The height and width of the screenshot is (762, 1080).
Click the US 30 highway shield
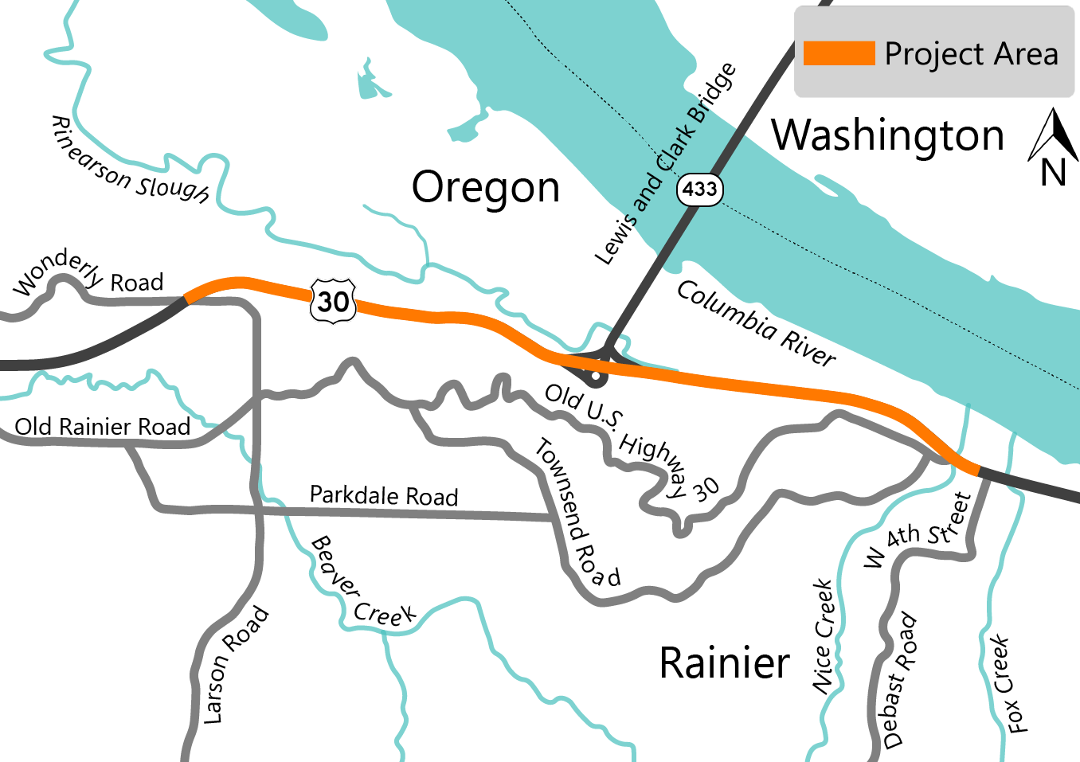click(x=333, y=301)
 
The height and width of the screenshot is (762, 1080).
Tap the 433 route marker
click(x=699, y=190)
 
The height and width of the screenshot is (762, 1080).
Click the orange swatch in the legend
click(x=839, y=53)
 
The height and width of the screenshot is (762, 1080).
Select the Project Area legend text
click(x=971, y=54)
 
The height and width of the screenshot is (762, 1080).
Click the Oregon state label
click(x=485, y=188)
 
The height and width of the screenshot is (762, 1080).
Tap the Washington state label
click(x=888, y=135)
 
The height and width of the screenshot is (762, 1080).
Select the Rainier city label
click(x=724, y=663)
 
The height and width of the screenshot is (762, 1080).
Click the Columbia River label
click(x=756, y=323)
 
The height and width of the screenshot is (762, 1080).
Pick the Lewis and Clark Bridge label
click(x=666, y=165)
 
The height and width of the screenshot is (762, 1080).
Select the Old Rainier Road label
click(x=103, y=427)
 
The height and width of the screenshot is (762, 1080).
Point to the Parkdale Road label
click(x=384, y=495)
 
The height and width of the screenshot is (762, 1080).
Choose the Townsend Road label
click(x=577, y=513)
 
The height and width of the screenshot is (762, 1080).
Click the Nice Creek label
click(x=824, y=636)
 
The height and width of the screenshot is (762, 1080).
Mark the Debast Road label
click(x=899, y=680)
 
